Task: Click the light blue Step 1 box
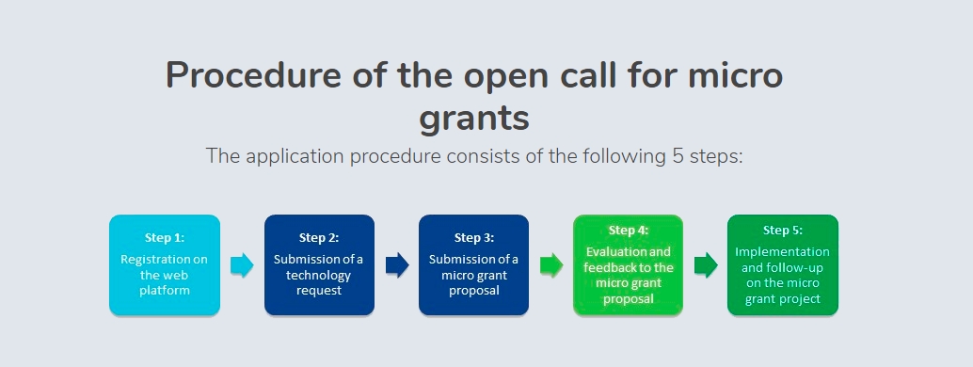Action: pos(165,265)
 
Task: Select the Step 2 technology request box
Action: pos(319,265)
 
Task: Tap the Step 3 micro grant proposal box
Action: pos(473,265)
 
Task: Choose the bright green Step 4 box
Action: pos(628,265)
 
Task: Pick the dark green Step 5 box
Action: pos(783,265)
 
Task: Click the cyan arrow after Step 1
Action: pos(242,265)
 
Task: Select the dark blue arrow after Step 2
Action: pos(397,265)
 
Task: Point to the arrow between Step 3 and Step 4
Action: pos(551,265)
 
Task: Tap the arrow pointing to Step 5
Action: pos(706,265)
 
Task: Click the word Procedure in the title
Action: pos(253,75)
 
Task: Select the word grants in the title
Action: pos(474,119)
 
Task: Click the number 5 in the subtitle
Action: pos(678,155)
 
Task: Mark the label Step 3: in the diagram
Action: pos(474,237)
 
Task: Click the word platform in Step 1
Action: pos(165,291)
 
